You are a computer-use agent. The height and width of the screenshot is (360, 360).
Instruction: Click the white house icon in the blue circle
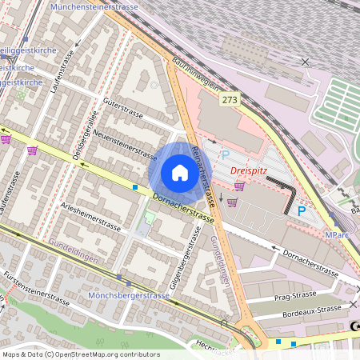click(180, 172)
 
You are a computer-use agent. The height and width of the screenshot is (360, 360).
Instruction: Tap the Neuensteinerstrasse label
click(126, 142)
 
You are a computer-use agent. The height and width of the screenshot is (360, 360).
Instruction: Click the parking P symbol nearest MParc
click(302, 211)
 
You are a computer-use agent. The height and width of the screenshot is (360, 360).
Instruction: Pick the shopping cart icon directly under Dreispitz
click(239, 186)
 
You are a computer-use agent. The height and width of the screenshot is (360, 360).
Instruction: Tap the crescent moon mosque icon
click(353, 326)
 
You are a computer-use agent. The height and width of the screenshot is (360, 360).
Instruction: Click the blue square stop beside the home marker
click(135, 187)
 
